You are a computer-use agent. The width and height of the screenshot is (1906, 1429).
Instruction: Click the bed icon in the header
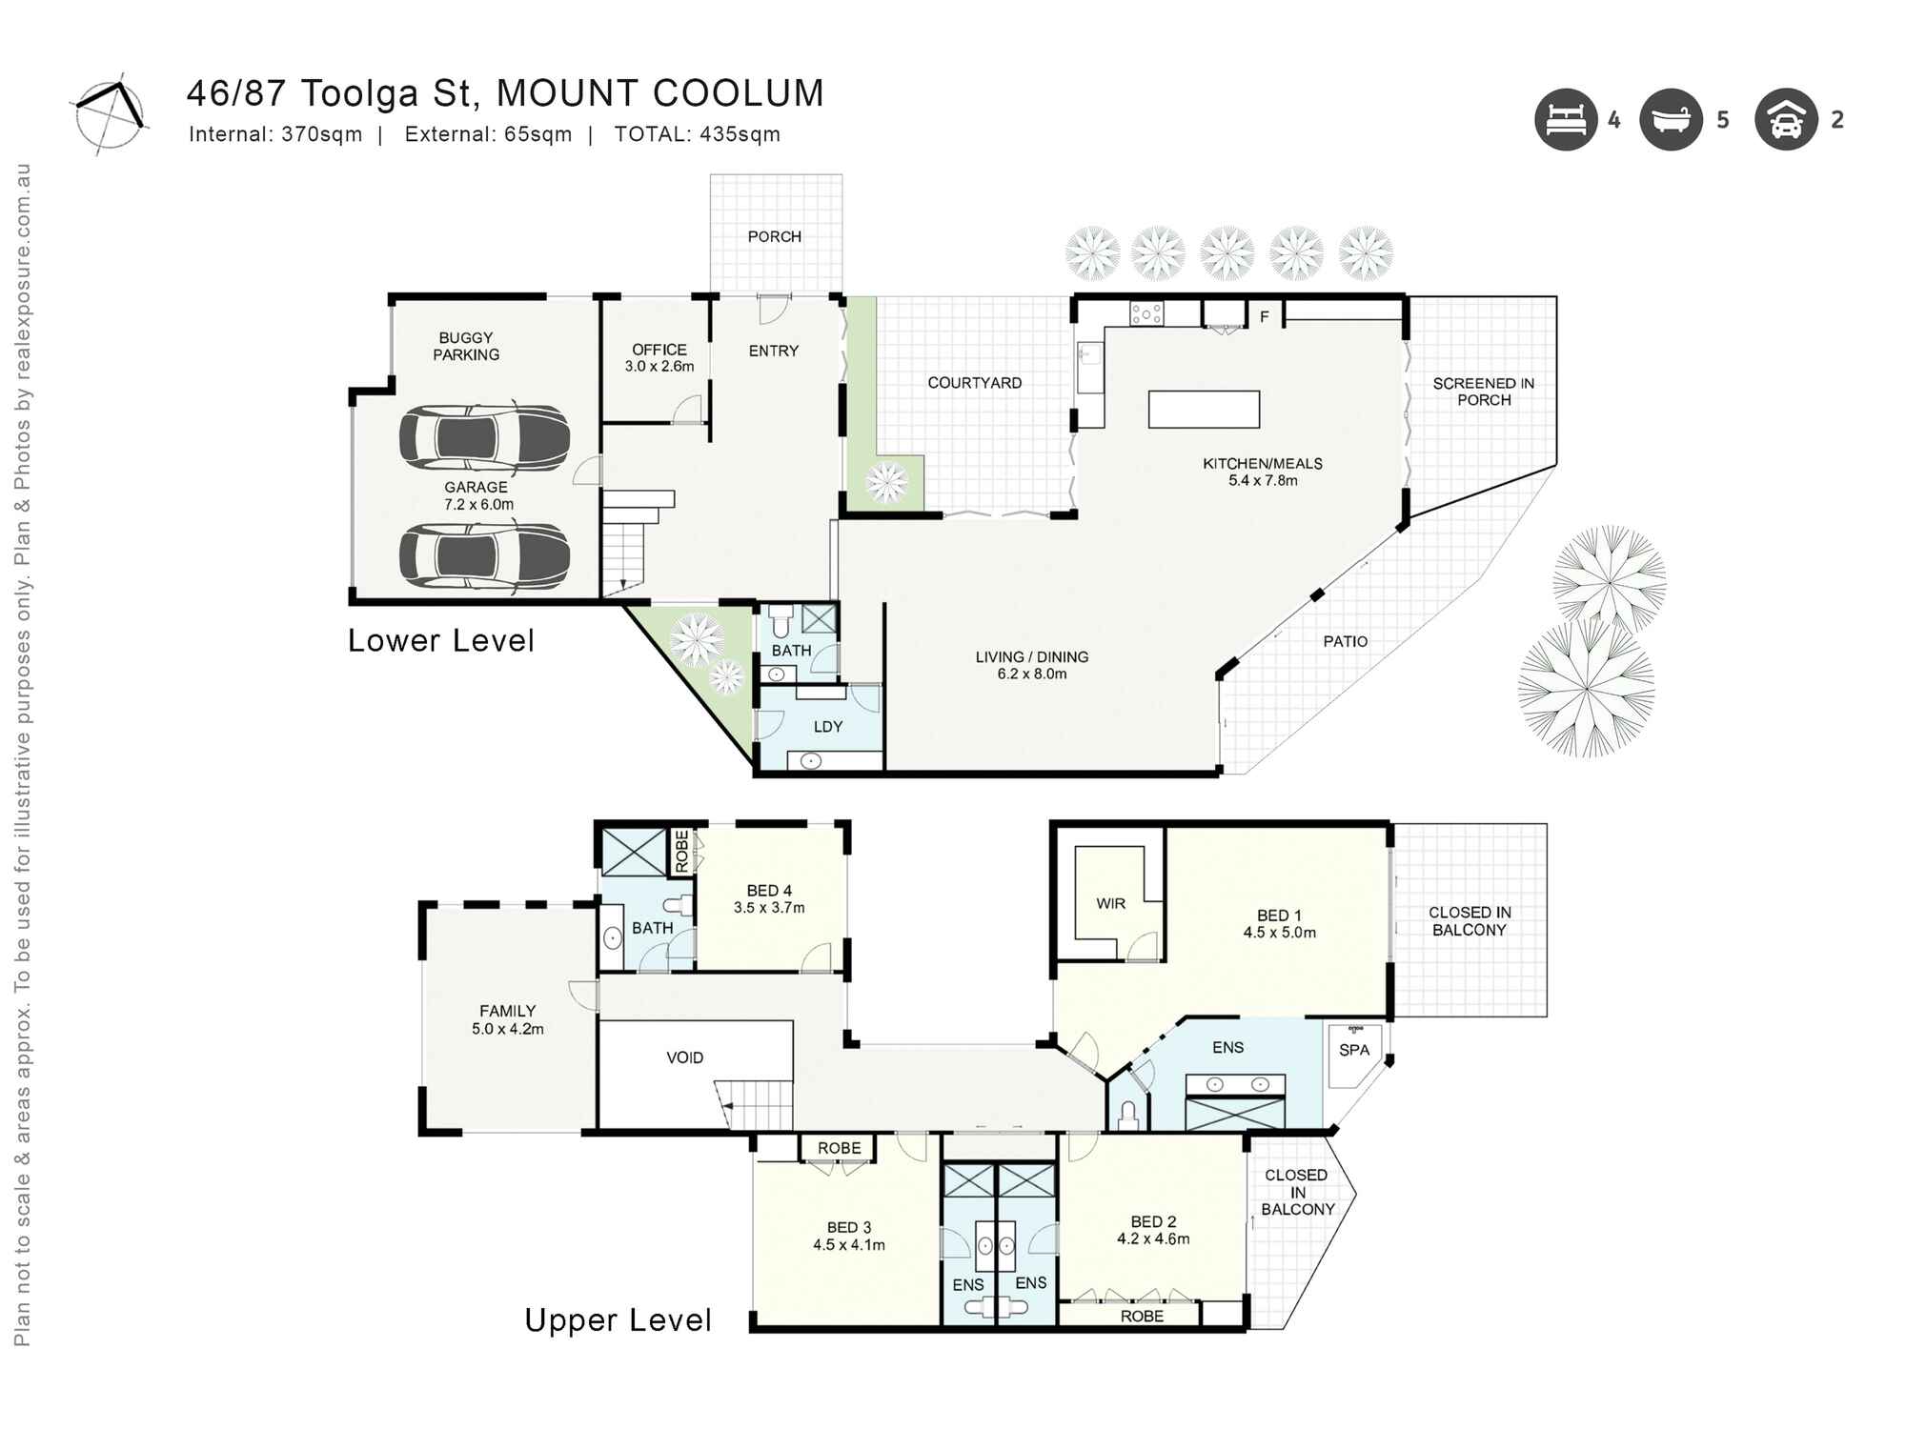[1565, 120]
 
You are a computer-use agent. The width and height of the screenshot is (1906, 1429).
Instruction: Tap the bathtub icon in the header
[1671, 120]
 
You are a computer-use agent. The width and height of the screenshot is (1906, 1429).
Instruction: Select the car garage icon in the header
[1786, 120]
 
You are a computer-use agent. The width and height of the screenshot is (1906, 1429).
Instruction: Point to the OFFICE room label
[659, 350]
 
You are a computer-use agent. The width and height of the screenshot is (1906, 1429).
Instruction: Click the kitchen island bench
[1204, 410]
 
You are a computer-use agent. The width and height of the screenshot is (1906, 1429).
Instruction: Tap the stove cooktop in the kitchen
[1146, 312]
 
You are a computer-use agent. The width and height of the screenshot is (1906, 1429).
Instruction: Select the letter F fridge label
[1265, 317]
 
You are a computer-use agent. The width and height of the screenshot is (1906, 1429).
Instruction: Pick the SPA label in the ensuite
[1353, 1050]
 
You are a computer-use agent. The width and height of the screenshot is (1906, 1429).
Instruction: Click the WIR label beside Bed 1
[1110, 903]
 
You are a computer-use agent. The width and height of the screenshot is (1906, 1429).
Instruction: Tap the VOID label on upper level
[684, 1057]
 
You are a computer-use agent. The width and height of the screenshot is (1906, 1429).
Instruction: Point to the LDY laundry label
[827, 727]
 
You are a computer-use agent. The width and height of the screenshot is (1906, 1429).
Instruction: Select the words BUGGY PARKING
[466, 346]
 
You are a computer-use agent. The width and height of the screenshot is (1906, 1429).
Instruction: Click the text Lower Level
[440, 640]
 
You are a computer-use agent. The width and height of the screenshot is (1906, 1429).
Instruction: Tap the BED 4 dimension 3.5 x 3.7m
[769, 908]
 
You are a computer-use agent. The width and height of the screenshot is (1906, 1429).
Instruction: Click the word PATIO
[1345, 641]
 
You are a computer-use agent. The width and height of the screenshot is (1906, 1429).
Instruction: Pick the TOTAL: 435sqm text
[697, 134]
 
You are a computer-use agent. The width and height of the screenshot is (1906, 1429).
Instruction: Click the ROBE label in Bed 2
[1142, 1316]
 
